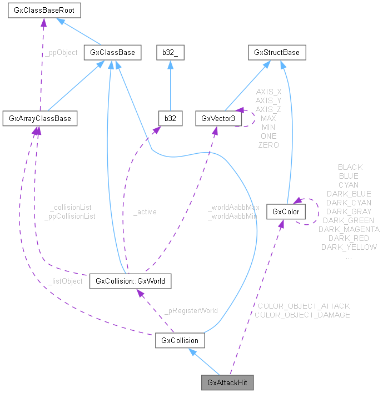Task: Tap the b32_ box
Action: [169, 53]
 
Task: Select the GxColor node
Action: [286, 212]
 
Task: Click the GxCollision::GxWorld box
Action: [130, 281]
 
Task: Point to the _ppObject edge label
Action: [61, 53]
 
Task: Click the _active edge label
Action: [145, 211]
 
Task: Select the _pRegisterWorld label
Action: [191, 310]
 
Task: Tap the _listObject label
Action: [65, 281]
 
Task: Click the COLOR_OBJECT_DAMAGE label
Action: [302, 315]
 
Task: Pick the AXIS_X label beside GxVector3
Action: [268, 92]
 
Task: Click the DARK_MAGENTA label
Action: [349, 229]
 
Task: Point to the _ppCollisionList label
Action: [69, 216]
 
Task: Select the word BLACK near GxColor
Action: [350, 167]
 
